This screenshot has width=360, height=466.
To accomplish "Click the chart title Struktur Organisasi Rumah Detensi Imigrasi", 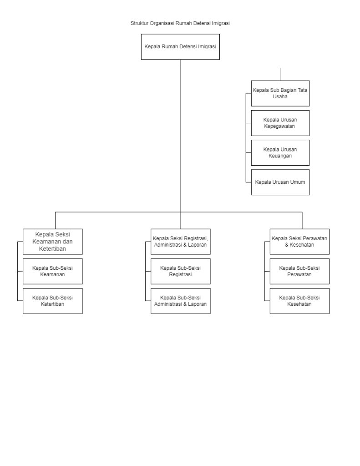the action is coord(180,23).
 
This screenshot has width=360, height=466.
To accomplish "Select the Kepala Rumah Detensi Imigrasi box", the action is coord(180,47).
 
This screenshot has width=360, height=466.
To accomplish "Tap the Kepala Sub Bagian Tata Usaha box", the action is coord(280,93).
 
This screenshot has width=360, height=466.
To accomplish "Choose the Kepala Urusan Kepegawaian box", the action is coord(280,123).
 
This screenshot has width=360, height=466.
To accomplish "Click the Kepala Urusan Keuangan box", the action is coord(280,153).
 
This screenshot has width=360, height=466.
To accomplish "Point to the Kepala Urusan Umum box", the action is coord(280,182).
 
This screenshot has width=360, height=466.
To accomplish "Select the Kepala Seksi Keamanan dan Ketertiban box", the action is coord(53,242).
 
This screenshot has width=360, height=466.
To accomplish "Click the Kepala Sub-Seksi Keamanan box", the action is coord(53,271).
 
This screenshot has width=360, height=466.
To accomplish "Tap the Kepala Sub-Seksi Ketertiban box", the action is coord(53,301).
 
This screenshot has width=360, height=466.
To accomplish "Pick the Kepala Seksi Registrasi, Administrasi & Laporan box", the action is coord(180,242).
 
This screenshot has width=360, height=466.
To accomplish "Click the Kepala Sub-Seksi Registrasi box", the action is coord(180,271).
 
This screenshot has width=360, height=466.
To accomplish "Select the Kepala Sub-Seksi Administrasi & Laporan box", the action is coord(180,301).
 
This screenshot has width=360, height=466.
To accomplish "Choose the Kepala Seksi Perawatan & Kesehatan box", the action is coord(299,242).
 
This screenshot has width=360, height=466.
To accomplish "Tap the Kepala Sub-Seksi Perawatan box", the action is coord(299,271).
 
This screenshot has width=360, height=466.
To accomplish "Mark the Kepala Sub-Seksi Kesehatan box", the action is coord(299,301).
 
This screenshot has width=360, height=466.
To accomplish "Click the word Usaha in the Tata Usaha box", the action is coord(280,96).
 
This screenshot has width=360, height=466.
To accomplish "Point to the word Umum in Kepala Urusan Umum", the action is coord(298,182).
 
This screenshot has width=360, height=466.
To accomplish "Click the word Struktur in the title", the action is coord(139,23).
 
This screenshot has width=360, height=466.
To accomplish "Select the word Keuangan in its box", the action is coord(280,156).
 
